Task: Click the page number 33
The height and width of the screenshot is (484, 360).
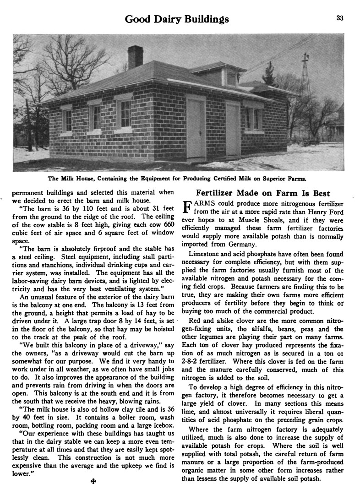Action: pos(339,18)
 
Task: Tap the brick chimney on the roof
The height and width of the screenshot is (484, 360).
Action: pos(135,57)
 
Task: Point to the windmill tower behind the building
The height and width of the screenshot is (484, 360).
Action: pos(305,78)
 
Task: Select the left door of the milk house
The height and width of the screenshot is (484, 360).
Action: pos(196,129)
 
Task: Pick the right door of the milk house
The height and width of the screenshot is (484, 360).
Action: pos(233,130)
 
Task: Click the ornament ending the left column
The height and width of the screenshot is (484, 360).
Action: pos(93,481)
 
